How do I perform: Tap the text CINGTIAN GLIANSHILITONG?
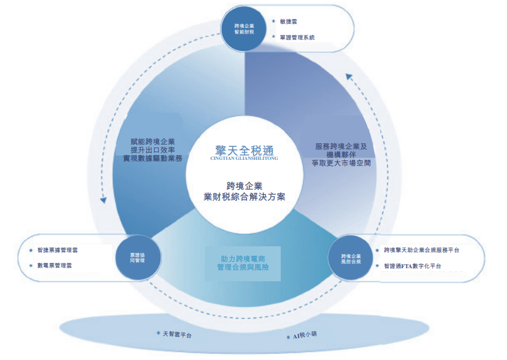244,159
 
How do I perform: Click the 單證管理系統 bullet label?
297,37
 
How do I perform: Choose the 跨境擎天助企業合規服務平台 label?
421,250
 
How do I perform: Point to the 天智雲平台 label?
177,335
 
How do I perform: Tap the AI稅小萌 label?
305,336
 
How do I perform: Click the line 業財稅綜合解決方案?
244,197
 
